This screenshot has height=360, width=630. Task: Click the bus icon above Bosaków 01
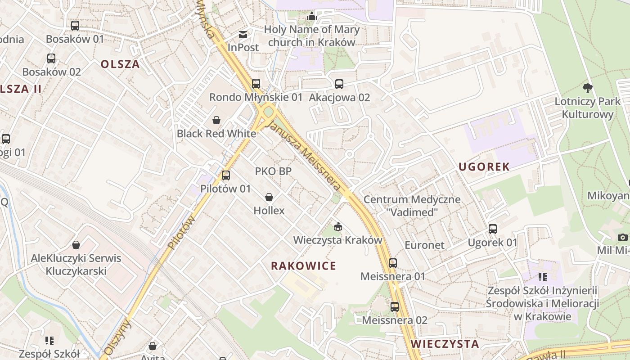[75, 26]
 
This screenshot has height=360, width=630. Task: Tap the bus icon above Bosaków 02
[51, 58]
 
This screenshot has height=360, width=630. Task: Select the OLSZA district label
[120, 64]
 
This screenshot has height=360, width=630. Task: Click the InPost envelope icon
[243, 35]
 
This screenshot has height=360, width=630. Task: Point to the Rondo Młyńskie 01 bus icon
[256, 84]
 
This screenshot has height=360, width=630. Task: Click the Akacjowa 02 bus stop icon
[339, 84]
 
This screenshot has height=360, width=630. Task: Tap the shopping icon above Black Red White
[216, 120]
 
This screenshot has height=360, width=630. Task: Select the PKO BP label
[273, 171]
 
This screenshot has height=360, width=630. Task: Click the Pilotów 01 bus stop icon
[226, 175]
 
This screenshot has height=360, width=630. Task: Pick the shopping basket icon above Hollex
[269, 197]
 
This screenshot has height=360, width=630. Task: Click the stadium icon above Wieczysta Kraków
[337, 226]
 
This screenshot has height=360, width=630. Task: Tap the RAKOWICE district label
[303, 266]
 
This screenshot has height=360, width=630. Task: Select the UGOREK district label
[484, 167]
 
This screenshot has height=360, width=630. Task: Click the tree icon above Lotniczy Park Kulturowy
[587, 88]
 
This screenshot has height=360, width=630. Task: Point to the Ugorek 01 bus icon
[493, 229]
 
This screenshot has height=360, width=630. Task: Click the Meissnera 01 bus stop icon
[393, 263]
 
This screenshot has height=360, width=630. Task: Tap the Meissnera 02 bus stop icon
[395, 307]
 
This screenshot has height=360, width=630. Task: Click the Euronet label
[424, 245]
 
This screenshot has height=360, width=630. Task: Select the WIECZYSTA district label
[445, 344]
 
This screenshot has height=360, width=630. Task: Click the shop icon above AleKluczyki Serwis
[76, 245]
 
